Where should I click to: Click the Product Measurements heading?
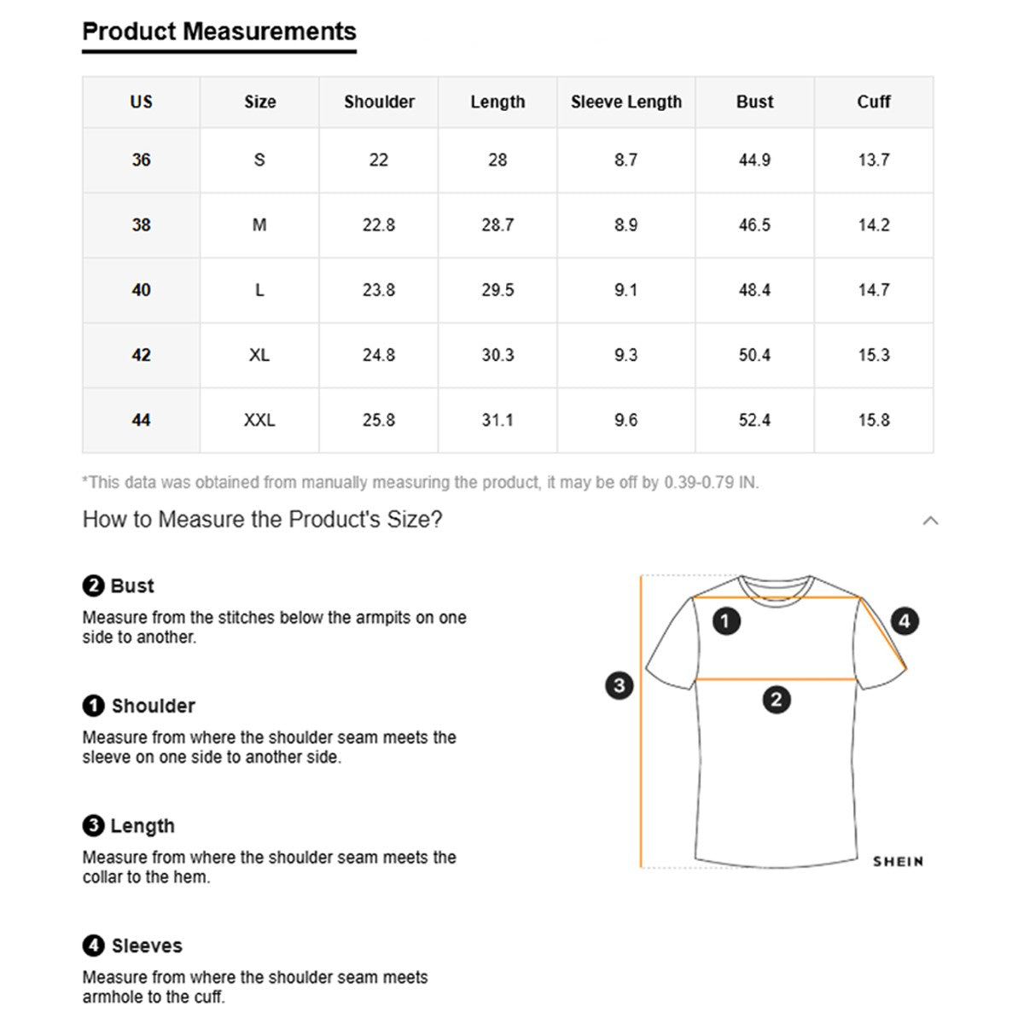(x=219, y=32)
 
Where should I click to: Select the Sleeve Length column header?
(x=626, y=102)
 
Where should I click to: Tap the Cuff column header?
(x=873, y=102)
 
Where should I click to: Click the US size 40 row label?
(x=142, y=290)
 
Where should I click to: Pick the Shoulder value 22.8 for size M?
(x=379, y=225)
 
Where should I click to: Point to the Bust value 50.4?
(x=754, y=355)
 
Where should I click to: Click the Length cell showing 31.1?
(x=497, y=420)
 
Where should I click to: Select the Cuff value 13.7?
(x=873, y=160)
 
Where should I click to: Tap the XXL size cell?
(x=259, y=420)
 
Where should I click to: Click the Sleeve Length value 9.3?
(x=625, y=355)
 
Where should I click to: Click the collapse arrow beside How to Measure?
(x=930, y=521)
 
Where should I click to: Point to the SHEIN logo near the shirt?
(x=898, y=862)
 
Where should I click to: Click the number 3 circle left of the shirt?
(x=619, y=684)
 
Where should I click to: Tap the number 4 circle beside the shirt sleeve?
(x=905, y=620)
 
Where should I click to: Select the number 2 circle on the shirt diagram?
(x=776, y=701)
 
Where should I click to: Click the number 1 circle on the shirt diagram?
(x=725, y=620)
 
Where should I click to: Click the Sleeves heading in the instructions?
(x=147, y=945)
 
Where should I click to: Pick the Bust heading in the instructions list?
(x=132, y=586)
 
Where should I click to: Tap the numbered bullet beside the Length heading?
(x=93, y=826)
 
